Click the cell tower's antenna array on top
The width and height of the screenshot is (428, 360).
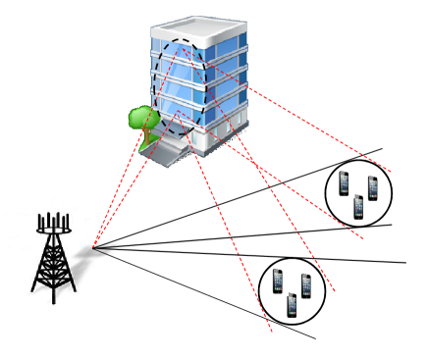tap(55, 223)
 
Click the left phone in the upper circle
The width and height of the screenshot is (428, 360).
tap(345, 183)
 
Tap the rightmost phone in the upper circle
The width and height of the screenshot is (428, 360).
tap(373, 187)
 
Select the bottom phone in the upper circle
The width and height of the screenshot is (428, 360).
tap(358, 207)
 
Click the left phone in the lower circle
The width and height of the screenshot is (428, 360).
tap(278, 283)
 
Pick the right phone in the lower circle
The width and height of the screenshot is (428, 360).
tap(306, 286)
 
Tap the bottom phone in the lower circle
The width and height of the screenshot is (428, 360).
tap(292, 305)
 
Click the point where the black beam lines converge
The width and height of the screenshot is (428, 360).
tap(93, 247)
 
